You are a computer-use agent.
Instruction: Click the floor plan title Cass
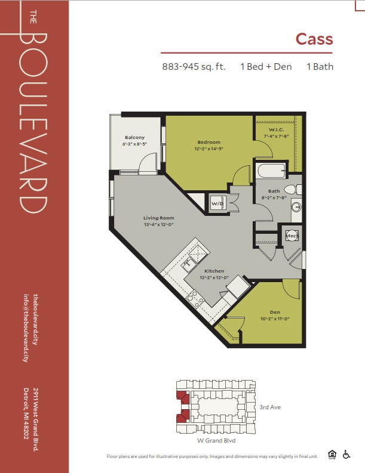(x=314, y=39)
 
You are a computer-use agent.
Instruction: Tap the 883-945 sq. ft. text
(x=194, y=67)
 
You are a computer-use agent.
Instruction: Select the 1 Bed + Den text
(x=266, y=67)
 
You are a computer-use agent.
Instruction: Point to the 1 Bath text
(x=320, y=67)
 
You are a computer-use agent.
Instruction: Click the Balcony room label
(x=135, y=138)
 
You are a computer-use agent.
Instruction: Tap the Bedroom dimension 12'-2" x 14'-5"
(x=209, y=149)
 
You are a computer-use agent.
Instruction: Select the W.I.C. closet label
(x=277, y=129)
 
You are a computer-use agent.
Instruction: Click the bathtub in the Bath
(x=271, y=171)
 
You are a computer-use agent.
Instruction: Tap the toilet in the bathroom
(x=293, y=190)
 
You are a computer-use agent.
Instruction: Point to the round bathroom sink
(x=296, y=207)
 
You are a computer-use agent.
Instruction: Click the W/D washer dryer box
(x=217, y=203)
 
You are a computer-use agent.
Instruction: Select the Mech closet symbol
(x=292, y=236)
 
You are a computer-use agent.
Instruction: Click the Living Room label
(x=159, y=218)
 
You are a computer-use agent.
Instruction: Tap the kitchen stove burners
(x=195, y=298)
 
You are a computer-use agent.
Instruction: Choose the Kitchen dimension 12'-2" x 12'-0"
(x=214, y=277)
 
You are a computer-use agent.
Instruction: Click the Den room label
(x=275, y=312)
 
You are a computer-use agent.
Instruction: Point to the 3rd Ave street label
(x=270, y=407)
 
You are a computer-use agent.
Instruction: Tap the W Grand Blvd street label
(x=216, y=440)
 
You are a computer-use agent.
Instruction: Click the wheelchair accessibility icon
(x=346, y=455)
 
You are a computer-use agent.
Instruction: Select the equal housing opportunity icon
(x=332, y=455)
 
